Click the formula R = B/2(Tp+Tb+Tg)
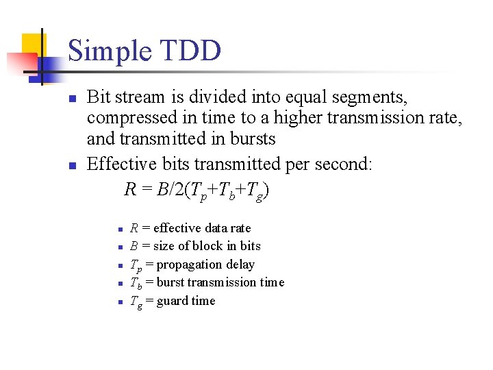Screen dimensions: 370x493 (197, 190)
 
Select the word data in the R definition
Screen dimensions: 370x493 (220, 228)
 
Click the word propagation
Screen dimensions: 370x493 (188, 264)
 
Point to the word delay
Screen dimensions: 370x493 (239, 264)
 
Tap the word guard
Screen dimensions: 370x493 (172, 301)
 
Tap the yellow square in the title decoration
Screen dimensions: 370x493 (31, 45)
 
